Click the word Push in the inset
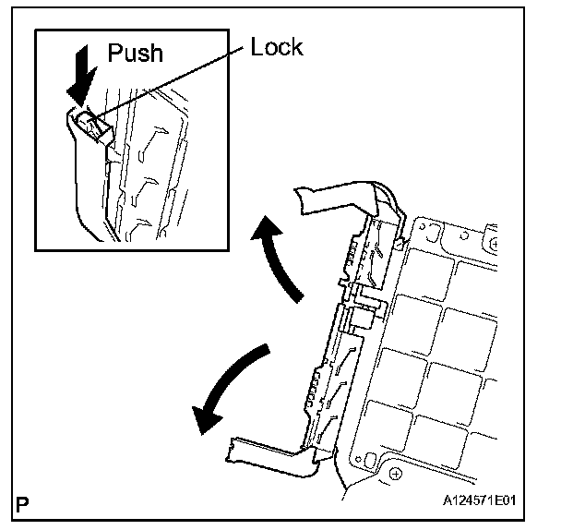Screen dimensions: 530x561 click(x=135, y=53)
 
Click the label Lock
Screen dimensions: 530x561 click(x=277, y=46)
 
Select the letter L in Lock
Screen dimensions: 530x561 click(x=257, y=46)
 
